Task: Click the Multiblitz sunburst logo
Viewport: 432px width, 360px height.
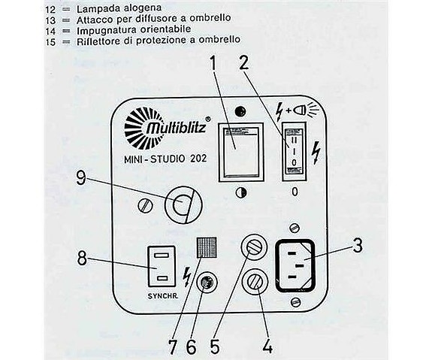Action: (140, 126)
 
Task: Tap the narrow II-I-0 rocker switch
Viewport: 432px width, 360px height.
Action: (295, 151)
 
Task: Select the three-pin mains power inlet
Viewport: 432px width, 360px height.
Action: (300, 264)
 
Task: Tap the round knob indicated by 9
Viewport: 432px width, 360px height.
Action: (180, 204)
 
